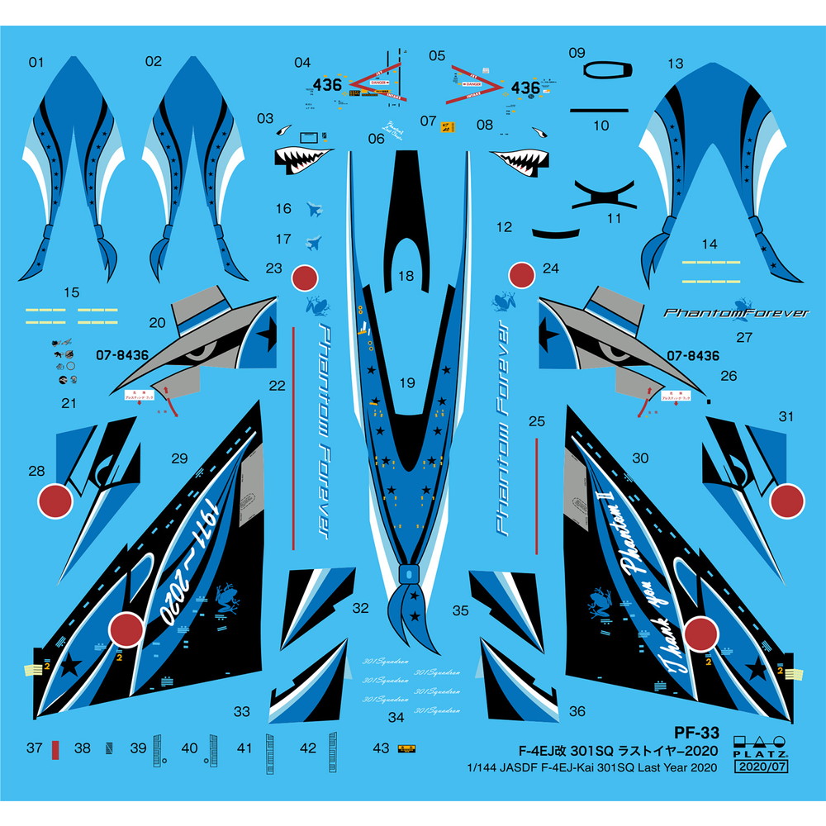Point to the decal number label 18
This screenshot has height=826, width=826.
pyautogui.click(x=406, y=277)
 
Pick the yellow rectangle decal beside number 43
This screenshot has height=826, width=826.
pyautogui.click(x=406, y=749)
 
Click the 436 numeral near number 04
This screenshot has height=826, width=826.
pyautogui.click(x=328, y=84)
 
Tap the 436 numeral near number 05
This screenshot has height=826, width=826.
pyautogui.click(x=525, y=87)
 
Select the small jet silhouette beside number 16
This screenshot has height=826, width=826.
pyautogui.click(x=314, y=210)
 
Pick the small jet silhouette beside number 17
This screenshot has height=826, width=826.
pyautogui.click(x=313, y=241)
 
